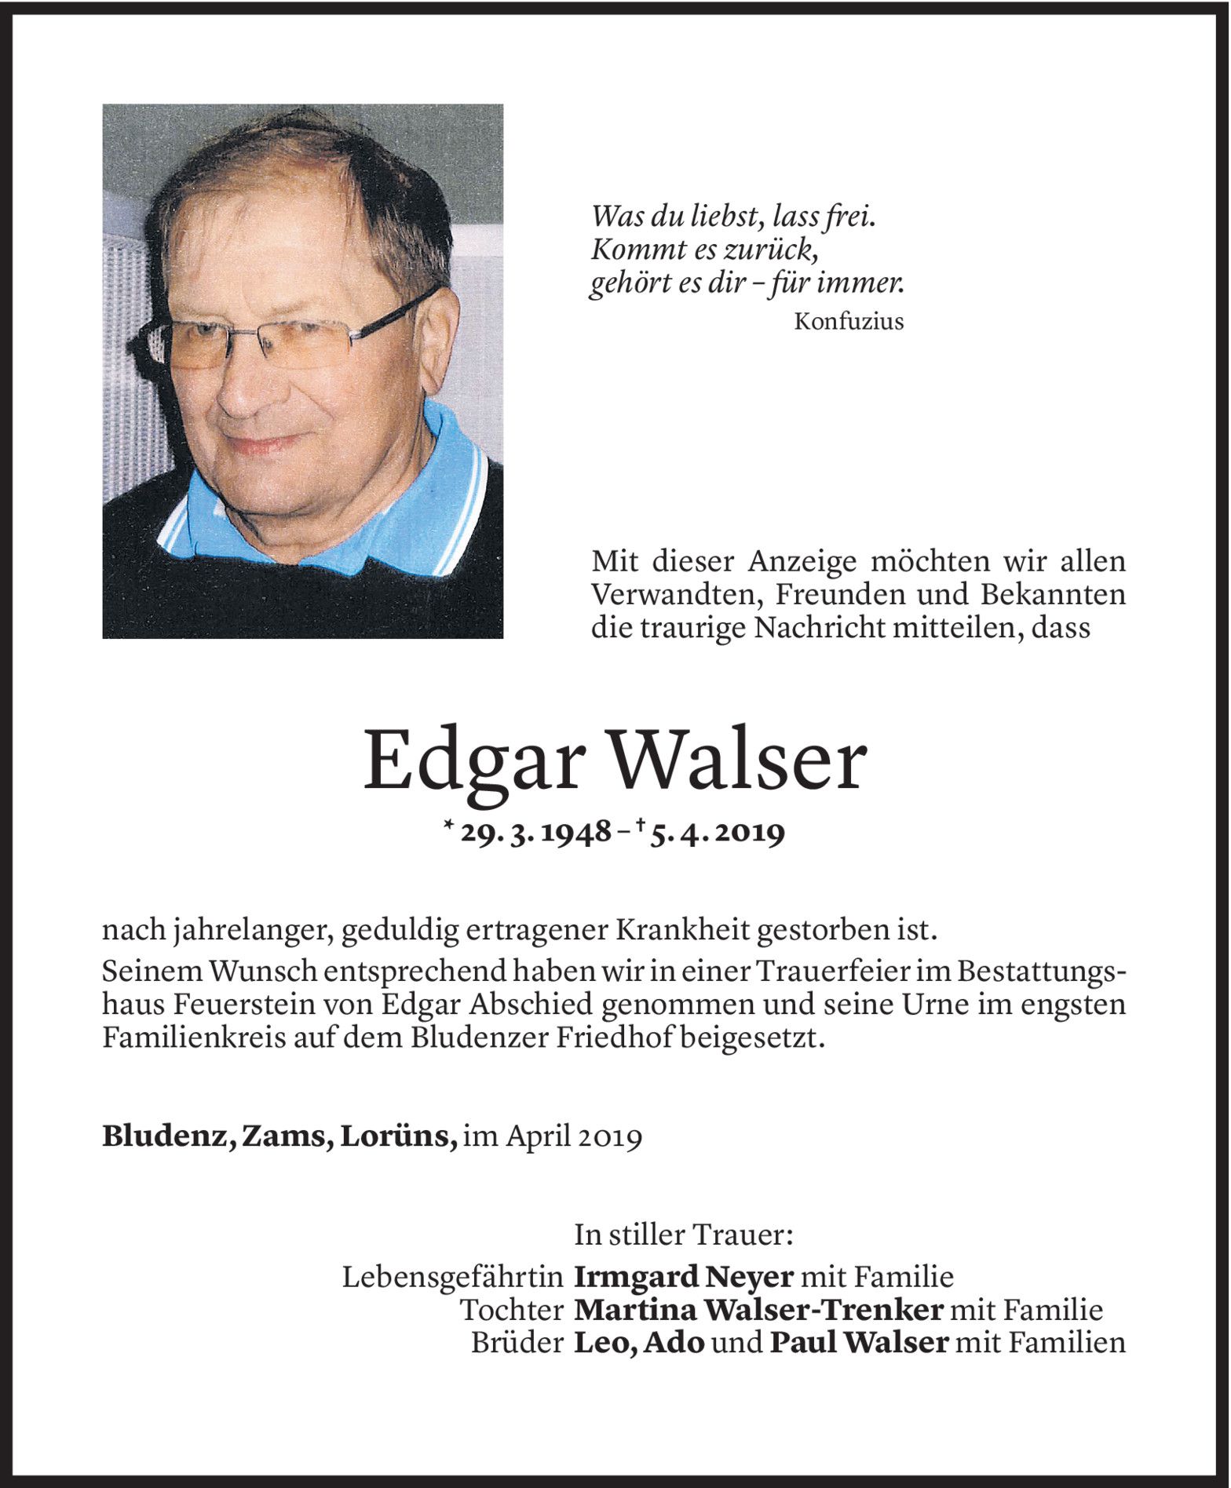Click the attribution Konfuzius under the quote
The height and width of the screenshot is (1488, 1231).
[x=848, y=321]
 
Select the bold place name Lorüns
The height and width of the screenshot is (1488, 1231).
[x=398, y=1136]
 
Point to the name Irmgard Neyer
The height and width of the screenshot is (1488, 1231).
[x=684, y=1277]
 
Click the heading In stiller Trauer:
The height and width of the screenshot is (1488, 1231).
[x=684, y=1235]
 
